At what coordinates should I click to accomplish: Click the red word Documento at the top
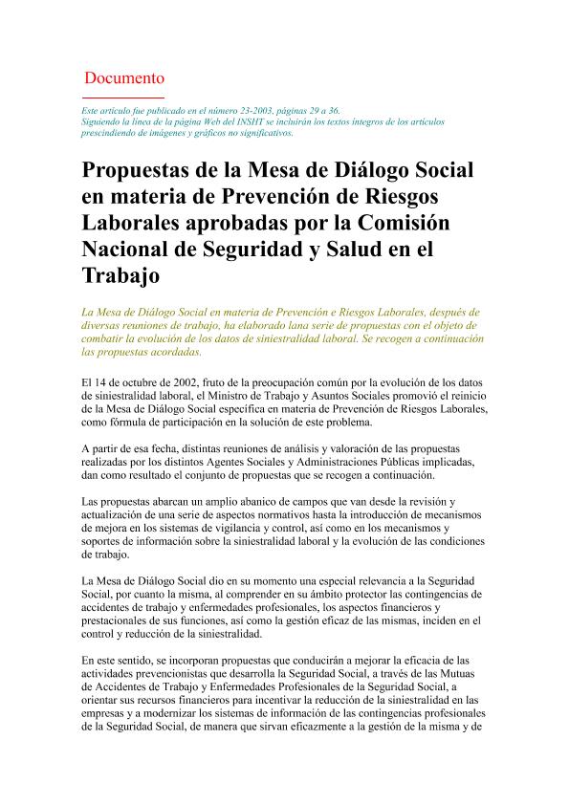point(124,77)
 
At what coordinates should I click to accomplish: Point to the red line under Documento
point(124,98)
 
